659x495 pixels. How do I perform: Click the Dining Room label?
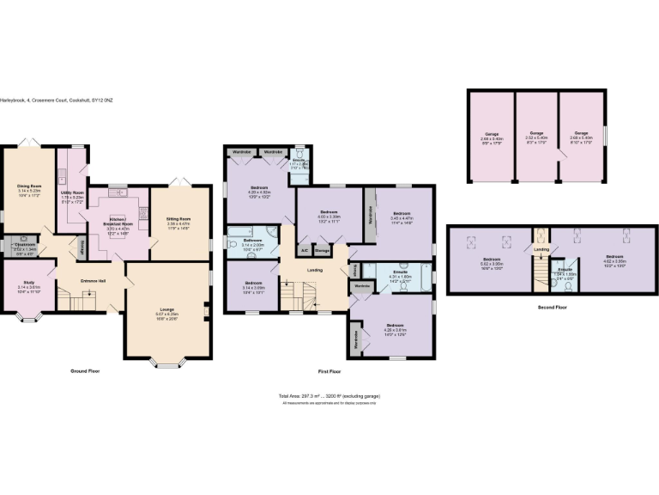click(30, 184)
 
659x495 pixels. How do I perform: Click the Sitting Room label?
click(179, 220)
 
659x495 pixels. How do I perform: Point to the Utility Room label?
click(72, 192)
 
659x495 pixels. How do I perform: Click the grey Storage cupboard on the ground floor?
click(82, 247)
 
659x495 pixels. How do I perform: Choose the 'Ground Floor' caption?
click(85, 371)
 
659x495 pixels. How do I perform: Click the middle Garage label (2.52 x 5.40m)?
click(536, 133)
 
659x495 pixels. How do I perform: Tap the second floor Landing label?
click(541, 250)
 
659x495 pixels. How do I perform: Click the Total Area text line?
click(329, 396)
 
